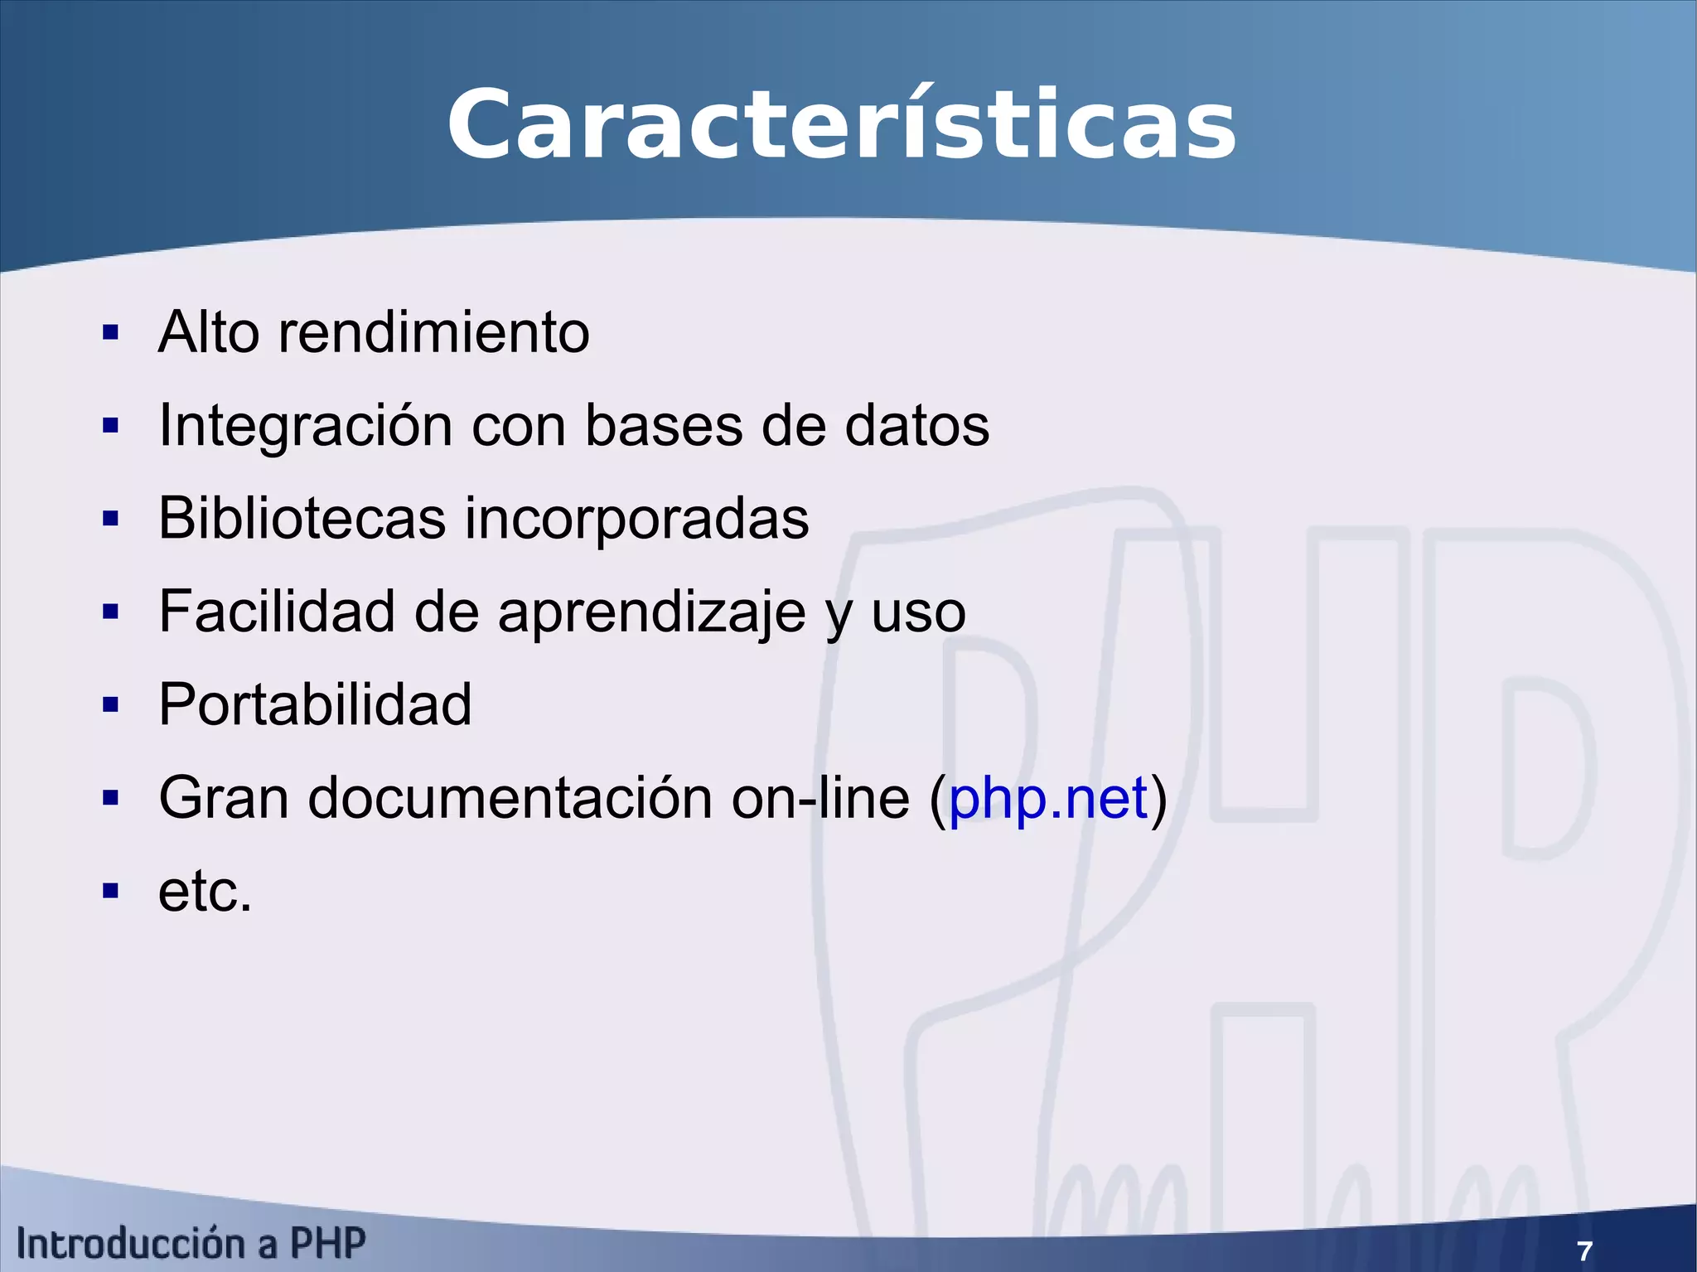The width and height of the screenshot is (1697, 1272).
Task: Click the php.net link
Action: click(1047, 799)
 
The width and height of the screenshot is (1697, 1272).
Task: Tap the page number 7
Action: click(1584, 1250)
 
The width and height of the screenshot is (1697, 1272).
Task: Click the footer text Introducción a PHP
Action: click(191, 1244)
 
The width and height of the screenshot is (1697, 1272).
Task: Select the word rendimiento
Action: click(433, 333)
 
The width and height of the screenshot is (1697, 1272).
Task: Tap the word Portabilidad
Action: click(315, 705)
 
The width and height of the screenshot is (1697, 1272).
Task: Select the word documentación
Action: click(510, 799)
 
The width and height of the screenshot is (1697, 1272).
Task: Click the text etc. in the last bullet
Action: click(205, 892)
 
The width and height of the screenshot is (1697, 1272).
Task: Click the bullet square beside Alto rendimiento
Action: click(110, 333)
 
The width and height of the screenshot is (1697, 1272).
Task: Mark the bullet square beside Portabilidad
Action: click(110, 705)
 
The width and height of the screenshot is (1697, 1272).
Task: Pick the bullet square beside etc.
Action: click(110, 892)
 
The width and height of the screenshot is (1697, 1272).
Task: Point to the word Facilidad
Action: click(277, 612)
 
